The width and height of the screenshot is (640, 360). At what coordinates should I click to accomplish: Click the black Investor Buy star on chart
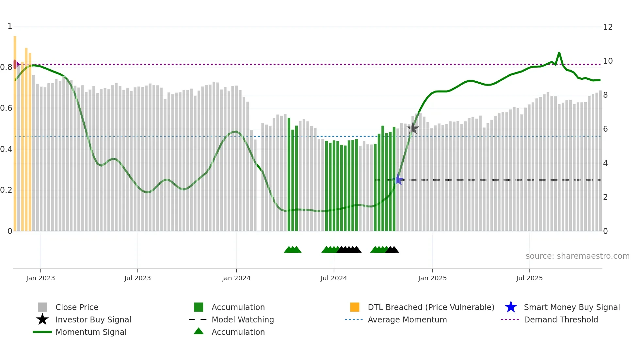point(413,128)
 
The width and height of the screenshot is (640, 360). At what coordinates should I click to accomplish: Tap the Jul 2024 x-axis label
point(334,278)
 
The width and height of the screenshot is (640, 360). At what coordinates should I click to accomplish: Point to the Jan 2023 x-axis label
point(40,278)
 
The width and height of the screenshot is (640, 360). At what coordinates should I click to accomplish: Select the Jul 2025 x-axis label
point(529,278)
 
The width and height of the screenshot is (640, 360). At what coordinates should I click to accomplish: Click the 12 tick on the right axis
point(608,27)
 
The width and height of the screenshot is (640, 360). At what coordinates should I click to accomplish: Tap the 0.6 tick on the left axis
point(6,108)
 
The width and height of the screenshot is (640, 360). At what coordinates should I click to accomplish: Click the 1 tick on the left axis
point(10,26)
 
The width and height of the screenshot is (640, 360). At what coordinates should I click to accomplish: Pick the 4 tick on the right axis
point(605,163)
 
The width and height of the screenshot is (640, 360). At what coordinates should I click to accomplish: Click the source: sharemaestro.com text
point(577,256)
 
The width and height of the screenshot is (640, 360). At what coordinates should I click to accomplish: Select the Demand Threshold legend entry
point(561,320)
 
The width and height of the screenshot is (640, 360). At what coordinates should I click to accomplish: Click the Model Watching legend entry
point(242,320)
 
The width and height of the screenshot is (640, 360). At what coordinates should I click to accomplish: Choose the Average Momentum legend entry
point(407,320)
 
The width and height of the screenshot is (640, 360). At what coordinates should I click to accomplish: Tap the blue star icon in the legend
point(511,307)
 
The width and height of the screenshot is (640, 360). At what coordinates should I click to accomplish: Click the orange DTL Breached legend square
point(355,307)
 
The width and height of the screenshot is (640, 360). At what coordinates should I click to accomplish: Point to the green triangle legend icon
point(199,332)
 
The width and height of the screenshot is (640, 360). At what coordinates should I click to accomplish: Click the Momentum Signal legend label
point(91,332)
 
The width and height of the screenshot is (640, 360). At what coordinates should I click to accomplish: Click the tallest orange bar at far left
point(15,131)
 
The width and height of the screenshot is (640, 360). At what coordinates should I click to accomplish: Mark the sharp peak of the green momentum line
point(559,53)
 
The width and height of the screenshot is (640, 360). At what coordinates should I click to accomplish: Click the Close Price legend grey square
point(42,307)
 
